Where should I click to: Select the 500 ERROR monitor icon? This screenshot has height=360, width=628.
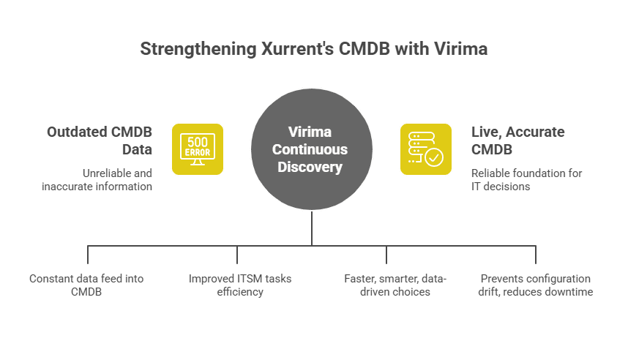pos(198,149)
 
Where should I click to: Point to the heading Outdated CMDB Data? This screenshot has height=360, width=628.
pos(100,140)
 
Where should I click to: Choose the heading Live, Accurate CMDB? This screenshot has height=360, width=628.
pos(517,140)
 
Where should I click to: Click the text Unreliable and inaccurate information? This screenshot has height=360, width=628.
pos(108,180)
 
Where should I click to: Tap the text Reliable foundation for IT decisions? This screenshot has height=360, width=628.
pos(526,180)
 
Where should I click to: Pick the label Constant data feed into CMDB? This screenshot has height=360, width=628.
pos(86,285)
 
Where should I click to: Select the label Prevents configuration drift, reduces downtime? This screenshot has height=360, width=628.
pos(536,285)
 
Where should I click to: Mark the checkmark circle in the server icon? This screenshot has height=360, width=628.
pos(434,157)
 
